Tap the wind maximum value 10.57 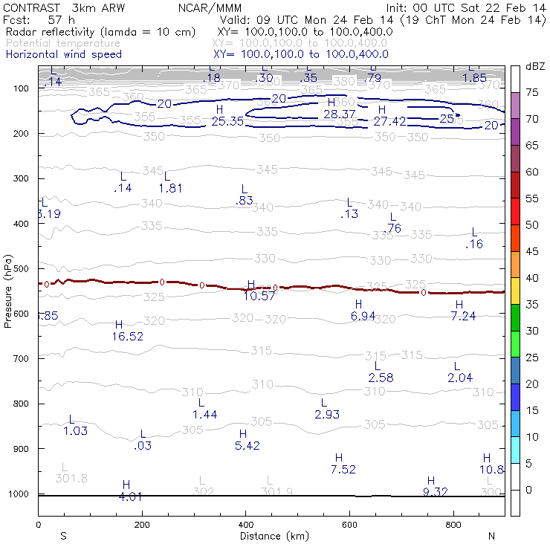pos(260,295)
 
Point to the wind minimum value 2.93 pos(327,414)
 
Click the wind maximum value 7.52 pos(343,469)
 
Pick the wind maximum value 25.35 pos(228,121)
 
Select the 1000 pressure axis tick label pos(20,494)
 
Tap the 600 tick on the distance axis pos(349,525)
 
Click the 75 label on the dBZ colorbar pos(532,92)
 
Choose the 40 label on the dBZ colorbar pos(532,277)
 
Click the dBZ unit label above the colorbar pos(534,66)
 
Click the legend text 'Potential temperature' pos(62,43)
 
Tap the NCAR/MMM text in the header pos(205,7)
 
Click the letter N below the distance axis pos(491,536)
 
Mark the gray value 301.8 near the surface pos(71,478)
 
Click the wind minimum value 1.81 pos(170,188)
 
